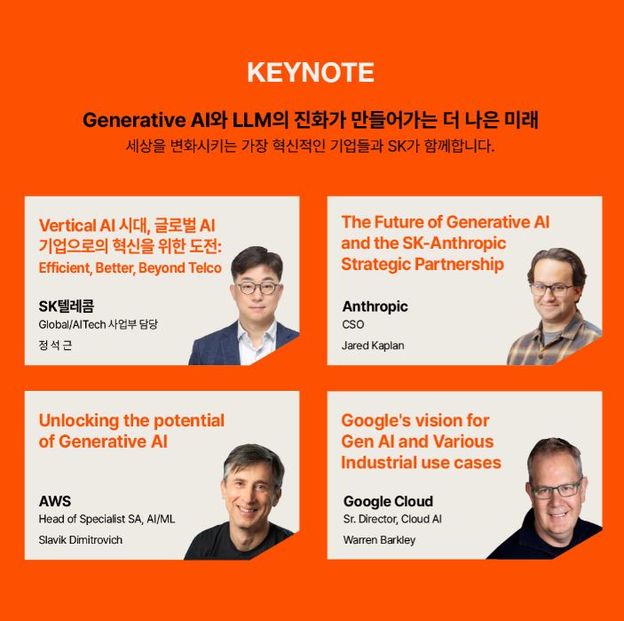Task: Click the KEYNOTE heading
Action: point(311,72)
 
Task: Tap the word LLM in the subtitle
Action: point(251,120)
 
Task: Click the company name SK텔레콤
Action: point(67,306)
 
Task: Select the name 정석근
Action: point(55,345)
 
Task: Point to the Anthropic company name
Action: point(375,307)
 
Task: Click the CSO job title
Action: point(353,324)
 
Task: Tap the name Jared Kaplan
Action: point(373,346)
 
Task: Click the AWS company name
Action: point(55,501)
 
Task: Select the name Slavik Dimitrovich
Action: point(81,540)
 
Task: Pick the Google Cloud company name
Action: point(388,501)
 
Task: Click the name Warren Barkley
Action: point(379,540)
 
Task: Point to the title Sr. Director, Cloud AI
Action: point(392,519)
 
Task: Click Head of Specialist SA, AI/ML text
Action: point(107,519)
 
